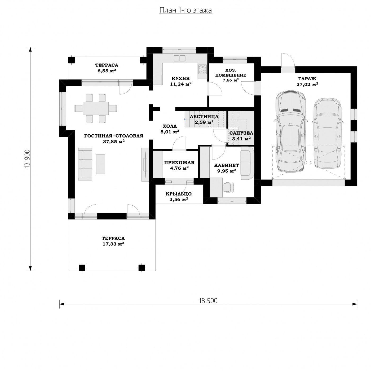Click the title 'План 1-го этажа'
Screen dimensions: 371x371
[185, 10]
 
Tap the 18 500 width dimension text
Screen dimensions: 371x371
[208, 301]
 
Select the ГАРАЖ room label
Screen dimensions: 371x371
[307, 79]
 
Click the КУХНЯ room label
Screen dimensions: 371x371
[180, 78]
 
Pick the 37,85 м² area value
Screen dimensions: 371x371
[114, 142]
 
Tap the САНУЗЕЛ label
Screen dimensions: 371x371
[241, 133]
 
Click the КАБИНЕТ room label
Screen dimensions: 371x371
[226, 165]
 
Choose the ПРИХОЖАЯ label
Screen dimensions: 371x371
[179, 163]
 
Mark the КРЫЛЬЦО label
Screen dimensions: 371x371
[179, 194]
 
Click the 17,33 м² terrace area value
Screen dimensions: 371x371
[113, 244]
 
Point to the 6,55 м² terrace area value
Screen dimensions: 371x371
[107, 71]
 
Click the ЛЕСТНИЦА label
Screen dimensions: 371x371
[204, 117]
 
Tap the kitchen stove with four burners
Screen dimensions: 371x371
[202, 69]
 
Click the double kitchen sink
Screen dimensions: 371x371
[180, 58]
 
